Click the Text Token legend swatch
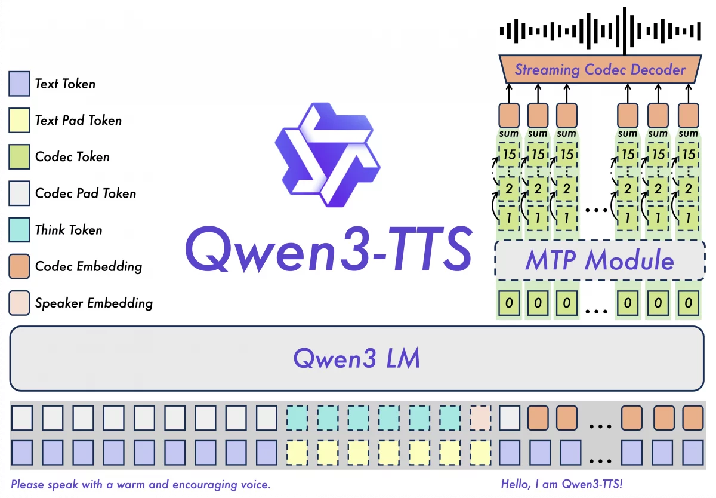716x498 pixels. point(19,83)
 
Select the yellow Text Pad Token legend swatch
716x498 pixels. point(19,120)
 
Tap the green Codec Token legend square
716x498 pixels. point(19,156)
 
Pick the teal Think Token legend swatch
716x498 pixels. point(19,230)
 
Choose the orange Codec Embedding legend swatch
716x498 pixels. point(19,266)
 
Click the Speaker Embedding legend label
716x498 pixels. point(94,303)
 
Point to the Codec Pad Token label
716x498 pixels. point(85,193)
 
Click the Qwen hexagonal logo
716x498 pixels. point(326,155)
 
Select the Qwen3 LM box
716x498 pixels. point(357,358)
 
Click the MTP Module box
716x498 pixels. point(600,262)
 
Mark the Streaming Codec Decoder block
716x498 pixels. point(600,70)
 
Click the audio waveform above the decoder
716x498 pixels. point(600,30)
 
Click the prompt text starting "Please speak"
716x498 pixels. point(141,484)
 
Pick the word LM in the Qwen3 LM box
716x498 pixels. point(401,358)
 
